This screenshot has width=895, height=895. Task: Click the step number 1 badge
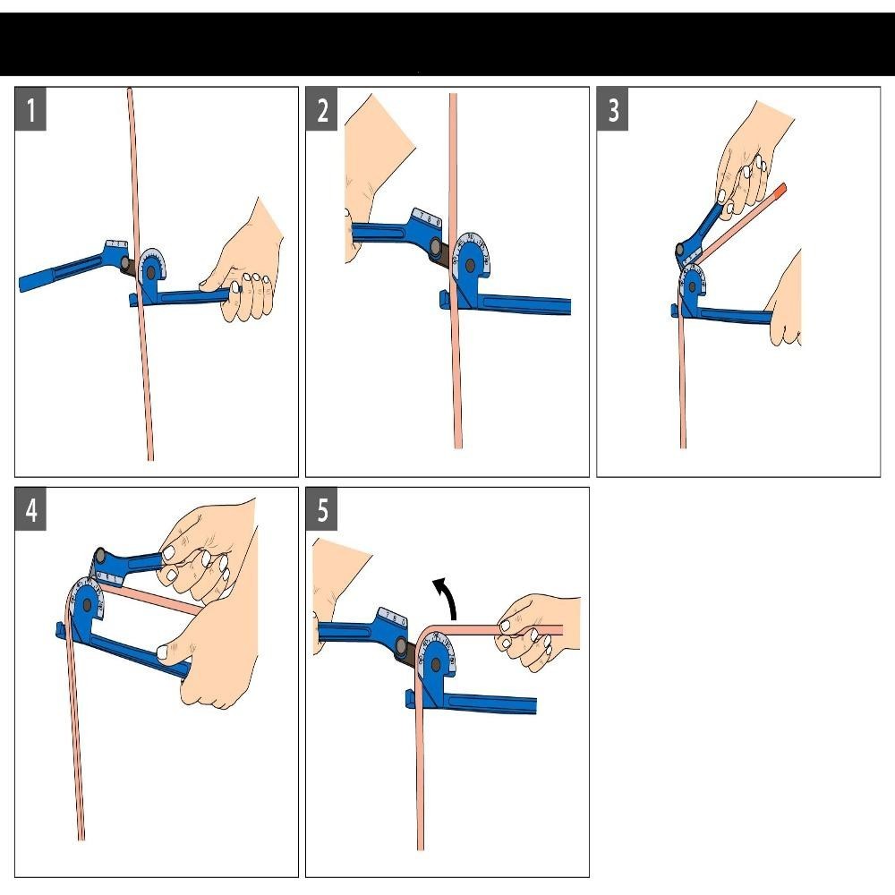[x=32, y=112]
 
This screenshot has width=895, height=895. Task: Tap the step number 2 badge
[x=323, y=111]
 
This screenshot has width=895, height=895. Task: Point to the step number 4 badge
[x=32, y=510]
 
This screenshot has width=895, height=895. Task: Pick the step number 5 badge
[x=323, y=510]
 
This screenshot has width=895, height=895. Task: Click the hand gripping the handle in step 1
[x=244, y=268]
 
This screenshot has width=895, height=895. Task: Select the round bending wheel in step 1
[x=152, y=266]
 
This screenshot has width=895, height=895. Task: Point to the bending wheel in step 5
[x=437, y=658]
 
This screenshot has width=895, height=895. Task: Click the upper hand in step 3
[x=752, y=160]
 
